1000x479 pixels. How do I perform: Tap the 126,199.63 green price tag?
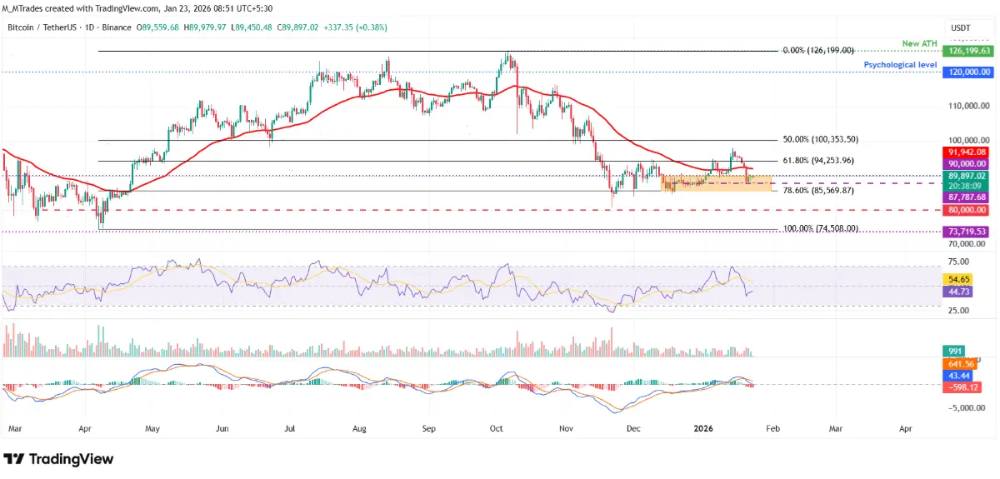[966, 51]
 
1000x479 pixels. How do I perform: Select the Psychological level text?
[901, 64]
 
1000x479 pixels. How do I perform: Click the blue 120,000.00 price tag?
[966, 72]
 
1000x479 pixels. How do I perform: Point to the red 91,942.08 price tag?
[966, 152]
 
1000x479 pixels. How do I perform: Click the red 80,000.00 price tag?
[966, 210]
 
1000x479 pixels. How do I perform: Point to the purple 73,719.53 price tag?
[966, 231]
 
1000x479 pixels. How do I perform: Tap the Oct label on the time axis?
[496, 427]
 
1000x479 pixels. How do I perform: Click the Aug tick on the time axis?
[359, 427]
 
